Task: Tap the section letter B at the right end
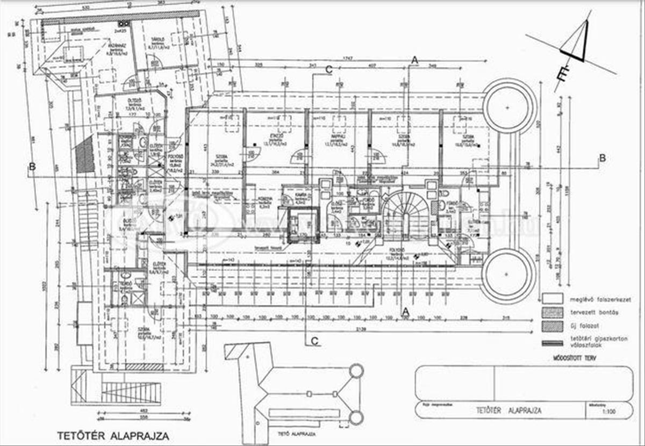coord(603,158)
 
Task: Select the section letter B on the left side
coord(32,167)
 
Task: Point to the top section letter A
coord(414,61)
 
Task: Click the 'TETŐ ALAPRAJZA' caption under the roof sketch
coord(296,433)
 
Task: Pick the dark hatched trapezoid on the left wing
coord(84,154)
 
